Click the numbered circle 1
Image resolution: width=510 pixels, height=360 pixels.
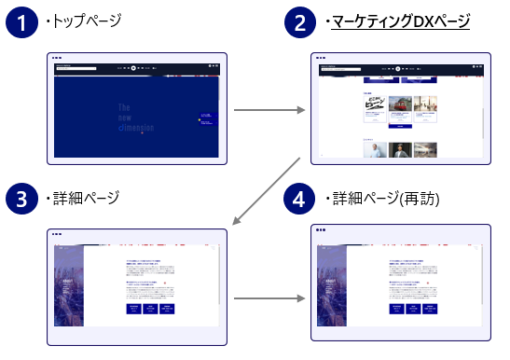pos(23,23)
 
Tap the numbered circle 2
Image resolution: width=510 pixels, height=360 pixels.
pos(300,23)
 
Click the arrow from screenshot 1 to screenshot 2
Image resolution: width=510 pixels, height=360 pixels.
pos(269,111)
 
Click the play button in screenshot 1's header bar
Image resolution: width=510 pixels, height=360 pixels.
pos(134,68)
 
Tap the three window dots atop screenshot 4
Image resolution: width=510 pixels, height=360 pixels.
pos(322,228)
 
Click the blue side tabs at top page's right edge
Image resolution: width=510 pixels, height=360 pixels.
pos(208,119)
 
